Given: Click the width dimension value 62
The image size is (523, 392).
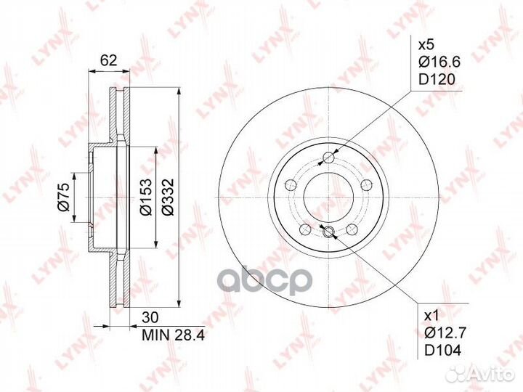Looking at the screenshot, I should point(108,61).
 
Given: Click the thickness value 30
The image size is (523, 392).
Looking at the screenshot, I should point(150,317).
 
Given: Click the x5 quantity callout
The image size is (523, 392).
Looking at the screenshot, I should point(429,44).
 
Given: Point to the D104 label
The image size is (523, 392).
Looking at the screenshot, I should point(439,351).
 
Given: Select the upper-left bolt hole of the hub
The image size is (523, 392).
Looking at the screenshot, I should point(291,184).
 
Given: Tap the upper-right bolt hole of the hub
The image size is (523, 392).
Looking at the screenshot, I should point(368,184).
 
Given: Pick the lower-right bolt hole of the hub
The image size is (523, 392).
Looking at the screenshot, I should point(353,229).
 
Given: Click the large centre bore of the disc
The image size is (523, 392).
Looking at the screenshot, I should point(329,197).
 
